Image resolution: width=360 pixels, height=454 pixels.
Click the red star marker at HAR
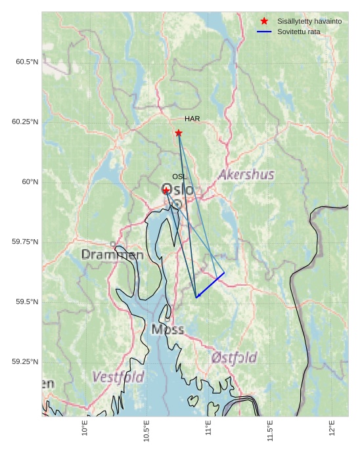(179, 133)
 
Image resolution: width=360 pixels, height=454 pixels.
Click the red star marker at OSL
(167, 190)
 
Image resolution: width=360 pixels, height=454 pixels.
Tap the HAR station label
(192, 119)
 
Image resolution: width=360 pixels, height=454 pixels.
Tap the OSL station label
(179, 177)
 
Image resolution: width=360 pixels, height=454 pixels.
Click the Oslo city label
(178, 190)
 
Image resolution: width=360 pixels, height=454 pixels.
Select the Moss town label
(168, 329)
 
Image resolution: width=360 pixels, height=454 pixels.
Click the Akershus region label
(246, 175)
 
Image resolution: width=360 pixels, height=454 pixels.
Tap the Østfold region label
(235, 358)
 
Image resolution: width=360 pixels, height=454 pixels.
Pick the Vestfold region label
(118, 377)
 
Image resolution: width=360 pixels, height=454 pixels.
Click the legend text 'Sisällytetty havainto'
(309, 21)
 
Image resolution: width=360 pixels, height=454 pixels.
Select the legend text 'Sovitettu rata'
(299, 32)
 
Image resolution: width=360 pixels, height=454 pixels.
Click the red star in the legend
(264, 21)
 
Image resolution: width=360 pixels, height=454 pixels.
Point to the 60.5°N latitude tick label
(27, 62)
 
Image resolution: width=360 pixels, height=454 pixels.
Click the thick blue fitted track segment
(210, 285)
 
